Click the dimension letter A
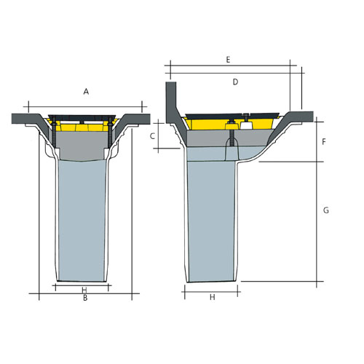pos(86,92)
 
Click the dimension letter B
pos(84,297)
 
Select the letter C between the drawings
pos(152,135)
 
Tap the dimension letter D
pos(235,82)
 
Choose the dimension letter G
pos(325,210)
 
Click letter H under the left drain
pos(84,289)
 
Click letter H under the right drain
pos(212,297)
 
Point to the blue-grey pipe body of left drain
pos(82,218)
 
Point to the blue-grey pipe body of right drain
pos(213,218)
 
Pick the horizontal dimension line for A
pos(86,103)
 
